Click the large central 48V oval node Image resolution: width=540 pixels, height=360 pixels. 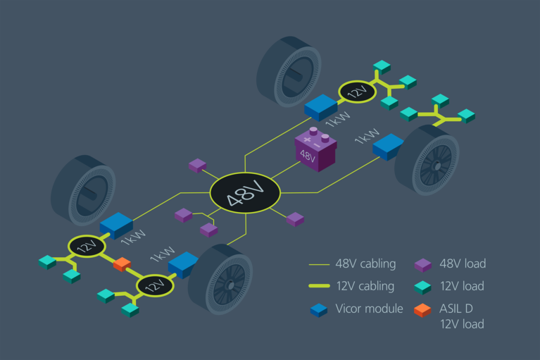coord(246,192)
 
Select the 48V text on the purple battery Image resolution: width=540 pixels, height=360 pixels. coord(308,156)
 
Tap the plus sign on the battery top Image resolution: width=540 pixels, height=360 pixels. coord(308,139)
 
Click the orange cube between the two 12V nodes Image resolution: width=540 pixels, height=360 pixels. coord(123,264)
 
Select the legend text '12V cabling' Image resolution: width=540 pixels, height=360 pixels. coord(364,286)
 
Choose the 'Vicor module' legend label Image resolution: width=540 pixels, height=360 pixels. coord(369,309)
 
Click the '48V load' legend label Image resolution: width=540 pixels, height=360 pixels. coord(463,264)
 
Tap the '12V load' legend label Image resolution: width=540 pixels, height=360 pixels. coord(463,286)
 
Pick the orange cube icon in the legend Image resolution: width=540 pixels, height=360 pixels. coord(422,309)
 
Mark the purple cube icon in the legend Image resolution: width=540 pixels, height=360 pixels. coord(422,265)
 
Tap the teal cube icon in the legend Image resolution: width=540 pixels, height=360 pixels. coord(422,287)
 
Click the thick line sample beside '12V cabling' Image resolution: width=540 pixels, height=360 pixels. coord(320,287)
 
